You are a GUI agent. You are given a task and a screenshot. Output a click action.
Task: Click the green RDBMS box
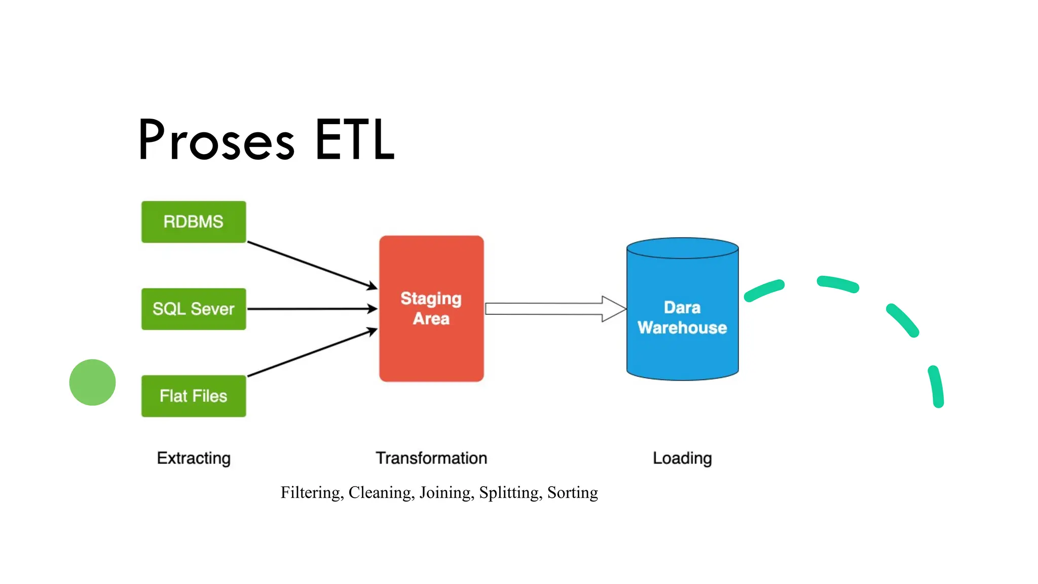point(194,222)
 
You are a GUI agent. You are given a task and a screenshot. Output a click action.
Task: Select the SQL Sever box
point(194,309)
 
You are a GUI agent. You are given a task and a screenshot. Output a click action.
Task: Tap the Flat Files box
point(194,396)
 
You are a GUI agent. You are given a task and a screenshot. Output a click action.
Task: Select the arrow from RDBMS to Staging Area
point(311,265)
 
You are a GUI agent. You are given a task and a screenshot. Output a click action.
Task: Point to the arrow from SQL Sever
point(311,309)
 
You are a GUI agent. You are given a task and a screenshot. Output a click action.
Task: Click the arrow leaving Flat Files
point(311,353)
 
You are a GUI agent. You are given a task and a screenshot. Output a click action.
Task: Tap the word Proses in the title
point(216,140)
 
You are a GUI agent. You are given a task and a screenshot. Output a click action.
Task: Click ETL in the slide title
point(354,140)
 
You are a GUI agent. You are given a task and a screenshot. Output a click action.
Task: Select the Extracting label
point(194,458)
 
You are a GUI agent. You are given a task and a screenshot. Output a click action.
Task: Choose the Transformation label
point(431,458)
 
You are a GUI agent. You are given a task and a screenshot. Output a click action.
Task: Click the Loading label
point(682,458)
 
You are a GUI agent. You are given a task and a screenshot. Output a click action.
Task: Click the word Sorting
point(573,493)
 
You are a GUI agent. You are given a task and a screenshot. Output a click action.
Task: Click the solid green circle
point(92,382)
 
